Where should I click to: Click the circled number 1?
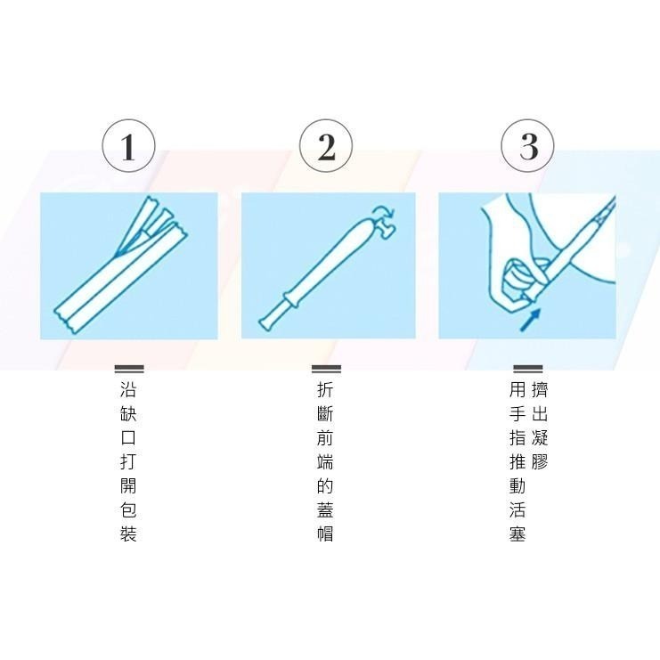128,146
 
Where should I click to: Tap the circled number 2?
326,146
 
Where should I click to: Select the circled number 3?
527,146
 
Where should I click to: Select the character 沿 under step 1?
128,390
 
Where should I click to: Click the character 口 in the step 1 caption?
128,438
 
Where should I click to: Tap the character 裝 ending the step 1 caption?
128,534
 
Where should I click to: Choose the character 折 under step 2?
326,390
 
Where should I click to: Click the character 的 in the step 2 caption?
326,486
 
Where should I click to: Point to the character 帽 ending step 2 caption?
326,534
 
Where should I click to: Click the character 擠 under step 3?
540,390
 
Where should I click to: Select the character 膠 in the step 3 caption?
540,462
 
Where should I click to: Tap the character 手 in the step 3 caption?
517,414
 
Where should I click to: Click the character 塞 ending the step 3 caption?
517,534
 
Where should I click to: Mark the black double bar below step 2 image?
326,369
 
